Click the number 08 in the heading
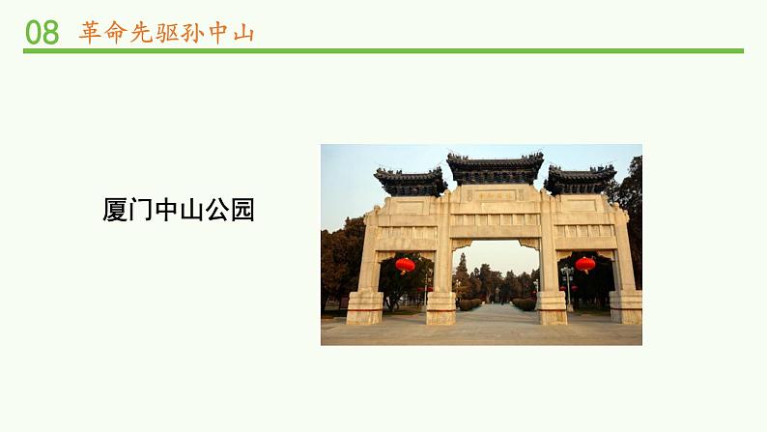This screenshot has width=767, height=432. coord(42,32)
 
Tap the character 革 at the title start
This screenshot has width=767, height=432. coord(91,32)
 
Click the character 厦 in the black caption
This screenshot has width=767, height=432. coord(115,210)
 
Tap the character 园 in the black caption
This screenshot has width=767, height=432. coord(242,210)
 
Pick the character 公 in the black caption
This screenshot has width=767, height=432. coord(217,210)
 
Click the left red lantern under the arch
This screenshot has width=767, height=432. coord(405,264)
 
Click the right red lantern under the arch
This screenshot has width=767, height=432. coord(584,264)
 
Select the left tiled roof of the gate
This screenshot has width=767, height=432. coord(411,181)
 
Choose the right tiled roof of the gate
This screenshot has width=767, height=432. coord(580,179)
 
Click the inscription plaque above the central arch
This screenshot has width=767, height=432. coord(496,196)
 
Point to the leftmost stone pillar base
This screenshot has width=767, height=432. coord(365,306)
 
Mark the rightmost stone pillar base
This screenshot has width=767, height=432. coord(625,306)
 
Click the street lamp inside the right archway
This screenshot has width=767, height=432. coord(566,280)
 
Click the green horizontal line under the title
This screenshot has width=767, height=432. coord(383,51)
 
